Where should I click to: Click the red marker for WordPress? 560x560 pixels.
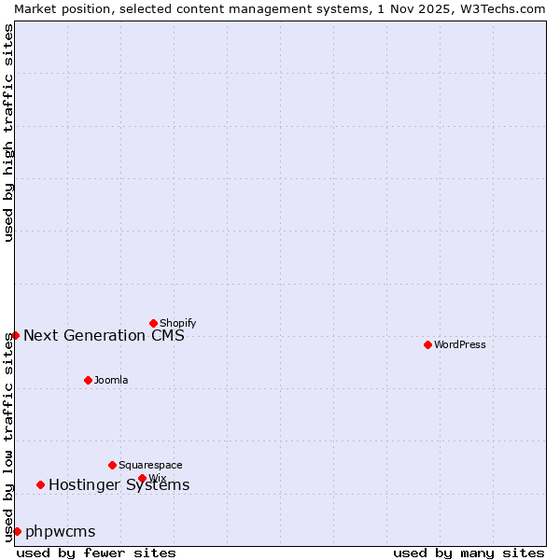coord(427,344)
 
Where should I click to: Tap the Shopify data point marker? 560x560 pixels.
coord(153,323)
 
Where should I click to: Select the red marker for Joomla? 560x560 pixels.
coord(88,380)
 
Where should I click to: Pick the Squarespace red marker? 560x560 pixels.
coord(112,465)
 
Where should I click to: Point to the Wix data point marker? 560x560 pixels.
coord(142,478)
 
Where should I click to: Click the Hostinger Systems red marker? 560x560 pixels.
coord(40,484)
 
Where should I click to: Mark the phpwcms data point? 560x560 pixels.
coord(17,531)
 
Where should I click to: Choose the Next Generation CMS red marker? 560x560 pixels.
coord(15,335)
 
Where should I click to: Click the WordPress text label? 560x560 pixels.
coord(460,344)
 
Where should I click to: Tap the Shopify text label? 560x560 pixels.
coord(177,323)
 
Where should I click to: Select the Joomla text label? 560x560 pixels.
coord(111,380)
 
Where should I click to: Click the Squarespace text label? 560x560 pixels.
coord(150,465)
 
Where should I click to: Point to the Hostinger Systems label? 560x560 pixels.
coord(119,484)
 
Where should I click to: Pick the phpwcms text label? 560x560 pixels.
coord(61,532)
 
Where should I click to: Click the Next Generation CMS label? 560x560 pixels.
coord(104,335)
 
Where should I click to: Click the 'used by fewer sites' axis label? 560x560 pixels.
coord(96,553)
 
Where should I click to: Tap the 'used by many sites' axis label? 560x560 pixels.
coord(469,553)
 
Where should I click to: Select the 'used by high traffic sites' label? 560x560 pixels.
coord(8,133)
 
